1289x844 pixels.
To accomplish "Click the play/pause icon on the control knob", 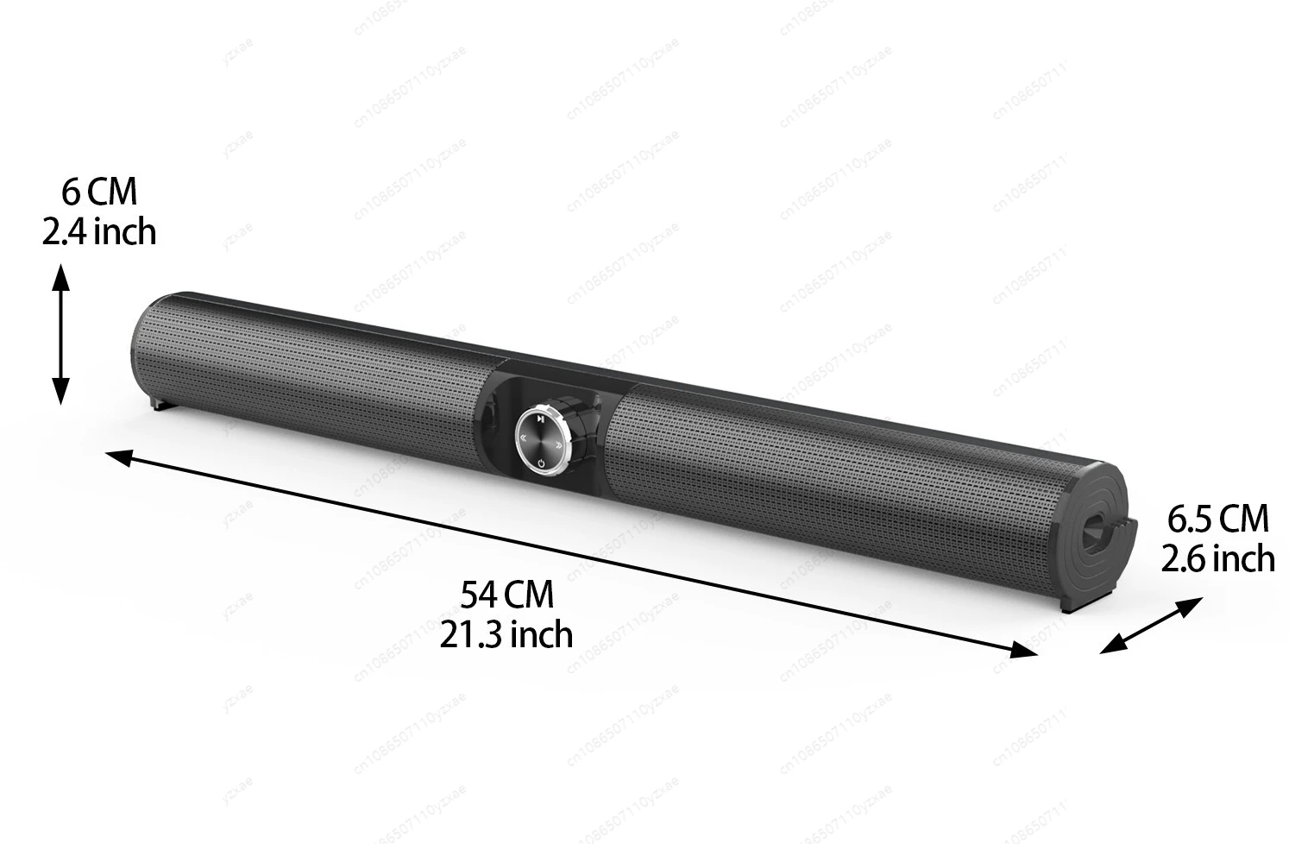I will (538, 419).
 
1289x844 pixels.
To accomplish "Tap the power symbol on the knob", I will (540, 463).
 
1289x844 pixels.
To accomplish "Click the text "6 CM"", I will (99, 192).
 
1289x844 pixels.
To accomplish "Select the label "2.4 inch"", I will (99, 231).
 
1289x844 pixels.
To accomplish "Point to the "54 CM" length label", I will (506, 595).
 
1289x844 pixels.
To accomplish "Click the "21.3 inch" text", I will (506, 634).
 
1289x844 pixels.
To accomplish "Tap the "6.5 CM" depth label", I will (1218, 519).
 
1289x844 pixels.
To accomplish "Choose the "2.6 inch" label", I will (1217, 558).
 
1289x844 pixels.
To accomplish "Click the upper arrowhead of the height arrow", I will (60, 276).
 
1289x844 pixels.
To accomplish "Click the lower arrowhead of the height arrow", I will (60, 393).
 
